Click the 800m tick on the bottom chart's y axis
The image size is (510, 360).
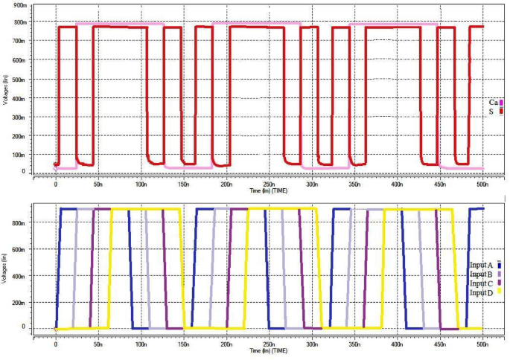pyautogui.click(x=25, y=222)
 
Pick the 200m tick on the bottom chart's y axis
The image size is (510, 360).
pyautogui.click(x=25, y=301)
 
